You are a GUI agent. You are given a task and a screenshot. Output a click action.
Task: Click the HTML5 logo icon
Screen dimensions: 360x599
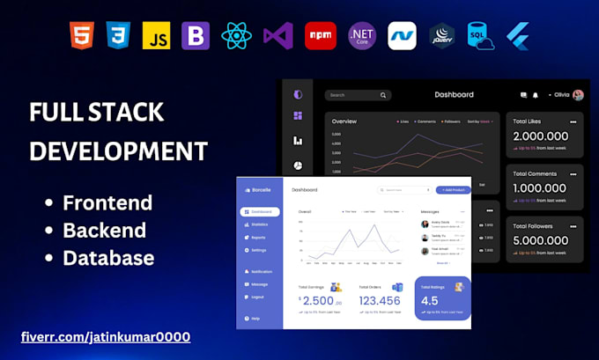point(81,35)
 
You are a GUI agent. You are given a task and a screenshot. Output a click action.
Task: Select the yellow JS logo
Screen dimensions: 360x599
point(156,35)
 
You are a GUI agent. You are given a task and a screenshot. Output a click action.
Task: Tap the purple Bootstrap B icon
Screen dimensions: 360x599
point(195,35)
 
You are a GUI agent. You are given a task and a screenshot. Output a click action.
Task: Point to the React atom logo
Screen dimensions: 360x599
point(237,35)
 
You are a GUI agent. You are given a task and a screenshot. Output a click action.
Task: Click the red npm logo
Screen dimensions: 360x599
point(320,35)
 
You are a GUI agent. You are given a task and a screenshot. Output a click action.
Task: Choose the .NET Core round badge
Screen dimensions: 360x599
point(362,35)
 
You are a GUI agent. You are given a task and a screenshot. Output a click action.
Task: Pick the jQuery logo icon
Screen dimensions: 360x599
point(441,35)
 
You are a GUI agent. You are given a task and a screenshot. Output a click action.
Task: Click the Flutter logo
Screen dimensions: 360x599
point(516,35)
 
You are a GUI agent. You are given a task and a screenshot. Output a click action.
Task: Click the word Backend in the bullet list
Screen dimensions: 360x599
point(104,231)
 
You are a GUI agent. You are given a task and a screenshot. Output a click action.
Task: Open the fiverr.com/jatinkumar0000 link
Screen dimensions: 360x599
point(106,337)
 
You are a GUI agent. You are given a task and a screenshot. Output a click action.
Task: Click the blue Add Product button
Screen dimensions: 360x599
point(453,189)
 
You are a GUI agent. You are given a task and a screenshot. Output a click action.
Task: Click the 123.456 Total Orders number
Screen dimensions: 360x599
point(381,300)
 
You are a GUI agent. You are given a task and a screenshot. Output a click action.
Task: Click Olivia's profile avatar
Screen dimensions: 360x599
point(578,95)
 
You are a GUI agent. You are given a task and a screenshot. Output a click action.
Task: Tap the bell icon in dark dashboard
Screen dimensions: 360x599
point(534,95)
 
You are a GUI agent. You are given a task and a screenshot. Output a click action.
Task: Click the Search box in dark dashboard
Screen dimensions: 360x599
point(357,95)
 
